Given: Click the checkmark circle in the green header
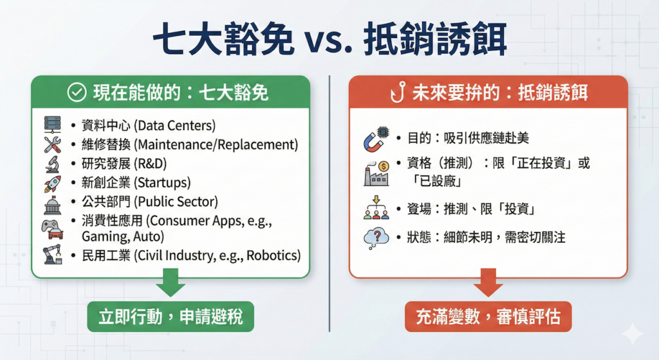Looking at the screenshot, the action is point(77,93).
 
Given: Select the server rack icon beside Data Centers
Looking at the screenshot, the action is point(53,125).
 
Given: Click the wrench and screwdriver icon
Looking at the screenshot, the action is point(53,144).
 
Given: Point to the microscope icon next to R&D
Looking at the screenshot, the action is point(53,164).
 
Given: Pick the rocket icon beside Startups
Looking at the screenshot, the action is point(53,184).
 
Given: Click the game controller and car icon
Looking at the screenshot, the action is point(53,229).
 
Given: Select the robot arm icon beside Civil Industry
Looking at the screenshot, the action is point(53,254).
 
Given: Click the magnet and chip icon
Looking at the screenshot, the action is point(376,138).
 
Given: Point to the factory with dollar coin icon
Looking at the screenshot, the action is point(376,173).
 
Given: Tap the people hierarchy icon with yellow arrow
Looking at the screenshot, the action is point(376,207).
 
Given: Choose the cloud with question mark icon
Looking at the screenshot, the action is point(376,239).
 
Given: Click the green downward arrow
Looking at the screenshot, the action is point(171,283).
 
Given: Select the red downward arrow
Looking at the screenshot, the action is point(488,283).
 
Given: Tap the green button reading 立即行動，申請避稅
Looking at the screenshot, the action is point(171,317).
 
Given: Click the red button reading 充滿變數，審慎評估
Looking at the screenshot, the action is point(488,317).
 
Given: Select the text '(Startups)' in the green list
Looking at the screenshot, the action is point(162,182).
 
